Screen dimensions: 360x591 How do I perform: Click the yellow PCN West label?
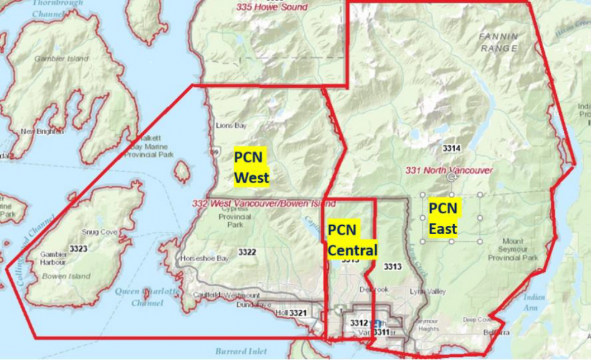coord(251,167)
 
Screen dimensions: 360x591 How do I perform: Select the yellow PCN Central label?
coord(352,241)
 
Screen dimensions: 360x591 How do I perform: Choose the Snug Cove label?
coord(100,232)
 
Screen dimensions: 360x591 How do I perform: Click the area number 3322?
coord(247,252)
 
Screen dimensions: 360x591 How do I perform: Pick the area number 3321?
coord(298,312)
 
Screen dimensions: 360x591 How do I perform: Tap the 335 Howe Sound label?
coord(272,7)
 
